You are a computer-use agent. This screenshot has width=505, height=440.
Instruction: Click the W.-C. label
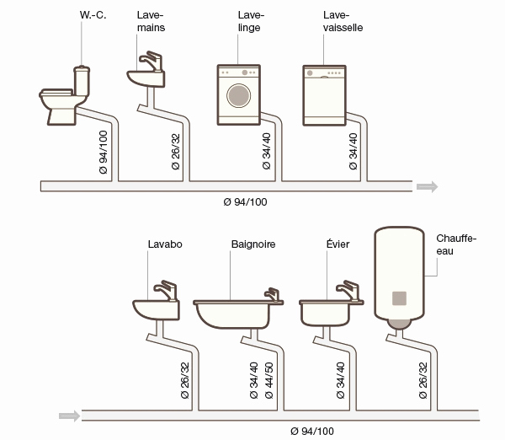93,15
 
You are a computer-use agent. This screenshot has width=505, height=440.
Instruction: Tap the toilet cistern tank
82,81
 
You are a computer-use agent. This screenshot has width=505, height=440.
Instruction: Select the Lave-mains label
151,21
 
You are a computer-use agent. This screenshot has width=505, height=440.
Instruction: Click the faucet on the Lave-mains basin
151,61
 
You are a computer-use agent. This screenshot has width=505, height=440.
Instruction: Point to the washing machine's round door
239,96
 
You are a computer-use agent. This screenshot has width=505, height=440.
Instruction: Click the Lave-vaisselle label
343,21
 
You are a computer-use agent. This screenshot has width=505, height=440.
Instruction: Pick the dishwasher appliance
324,95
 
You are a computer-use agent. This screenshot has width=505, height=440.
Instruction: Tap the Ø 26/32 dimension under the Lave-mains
176,151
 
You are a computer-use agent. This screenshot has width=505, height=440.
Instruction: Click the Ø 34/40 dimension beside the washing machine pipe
267,151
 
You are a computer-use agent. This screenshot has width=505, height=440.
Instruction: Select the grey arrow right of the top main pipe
427,186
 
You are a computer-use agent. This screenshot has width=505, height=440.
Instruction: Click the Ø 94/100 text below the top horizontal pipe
246,202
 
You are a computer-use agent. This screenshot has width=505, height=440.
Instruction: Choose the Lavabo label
165,244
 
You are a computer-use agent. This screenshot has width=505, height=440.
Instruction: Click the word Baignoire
253,244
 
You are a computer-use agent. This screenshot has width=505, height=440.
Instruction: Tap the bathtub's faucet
272,294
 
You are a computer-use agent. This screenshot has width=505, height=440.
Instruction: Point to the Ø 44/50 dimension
269,380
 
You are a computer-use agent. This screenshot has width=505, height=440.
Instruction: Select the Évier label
338,244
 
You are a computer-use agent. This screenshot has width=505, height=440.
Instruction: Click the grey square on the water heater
399,298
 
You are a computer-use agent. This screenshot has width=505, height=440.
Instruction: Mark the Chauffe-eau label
456,244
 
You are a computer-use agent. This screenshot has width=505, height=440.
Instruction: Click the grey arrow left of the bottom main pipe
70,416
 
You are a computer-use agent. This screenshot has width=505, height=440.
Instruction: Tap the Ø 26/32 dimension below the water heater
423,380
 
